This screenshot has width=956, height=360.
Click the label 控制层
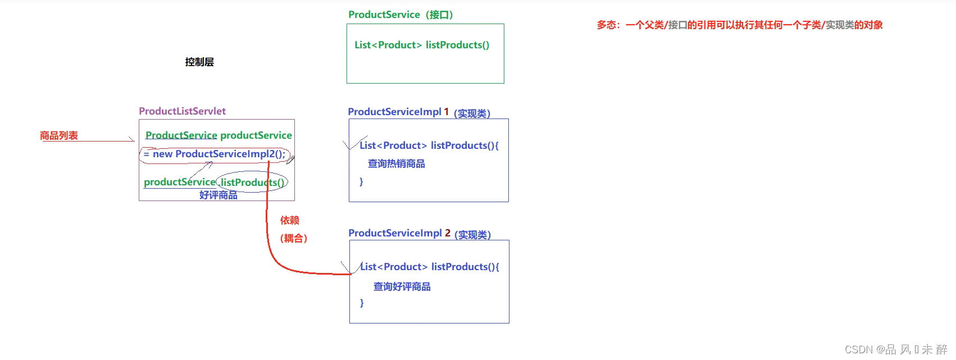pos(199,62)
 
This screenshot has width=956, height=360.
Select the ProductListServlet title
pos(182,111)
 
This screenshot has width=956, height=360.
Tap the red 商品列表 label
pos(58,135)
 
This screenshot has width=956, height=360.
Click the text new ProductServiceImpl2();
pos(218,154)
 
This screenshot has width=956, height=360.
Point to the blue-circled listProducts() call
pos(252,182)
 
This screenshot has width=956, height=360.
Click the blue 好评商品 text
pos(218,195)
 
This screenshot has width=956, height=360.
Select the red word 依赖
pos(290,220)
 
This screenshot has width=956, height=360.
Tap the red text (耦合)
pos(293,238)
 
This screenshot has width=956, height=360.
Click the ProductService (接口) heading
pos(400,15)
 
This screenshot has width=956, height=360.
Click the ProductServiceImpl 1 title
pos(398,112)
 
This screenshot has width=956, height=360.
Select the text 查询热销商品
pos(396,163)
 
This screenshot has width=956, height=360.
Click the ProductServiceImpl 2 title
pos(399,233)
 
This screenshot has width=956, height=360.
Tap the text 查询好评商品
pos(402,286)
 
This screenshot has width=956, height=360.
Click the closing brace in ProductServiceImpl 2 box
pos(362,303)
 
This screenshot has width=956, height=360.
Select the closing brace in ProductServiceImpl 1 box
pos(361,181)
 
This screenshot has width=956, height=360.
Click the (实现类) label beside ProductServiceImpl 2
pos(472,235)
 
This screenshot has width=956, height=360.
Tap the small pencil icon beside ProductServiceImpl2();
pos(290,160)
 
